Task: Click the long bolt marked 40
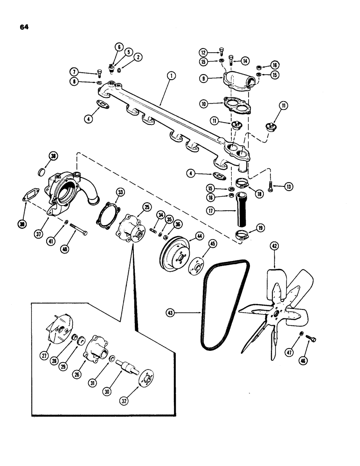80,229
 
